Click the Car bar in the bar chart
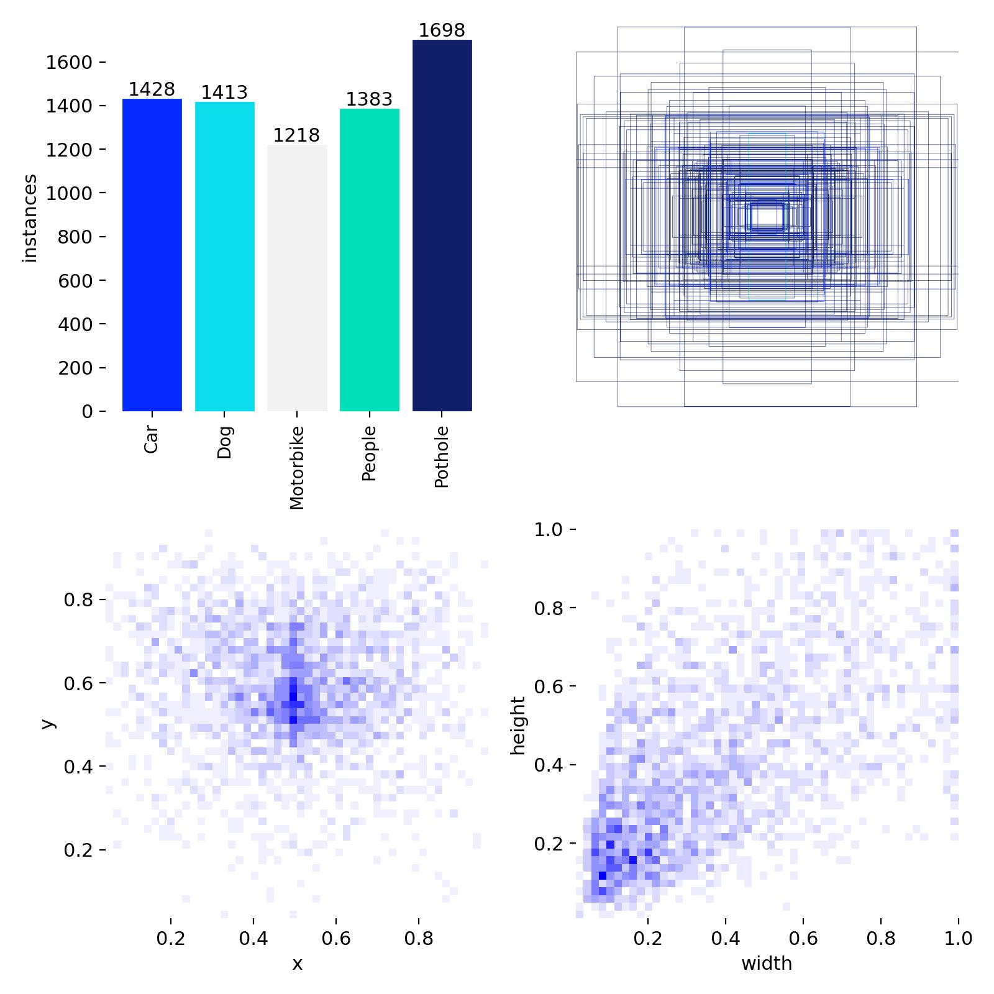click(152, 255)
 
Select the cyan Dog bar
click(225, 257)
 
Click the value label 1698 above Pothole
click(442, 30)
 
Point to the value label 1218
click(297, 135)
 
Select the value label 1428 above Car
click(152, 89)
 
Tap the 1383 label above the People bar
click(370, 99)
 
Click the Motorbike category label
click(297, 467)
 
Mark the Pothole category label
click(442, 457)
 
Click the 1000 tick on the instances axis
click(70, 193)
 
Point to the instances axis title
click(30, 218)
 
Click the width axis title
click(767, 964)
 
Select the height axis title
click(518, 725)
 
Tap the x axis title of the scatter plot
click(297, 964)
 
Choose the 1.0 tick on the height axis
click(548, 530)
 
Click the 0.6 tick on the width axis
click(803, 938)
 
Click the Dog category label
click(225, 442)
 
